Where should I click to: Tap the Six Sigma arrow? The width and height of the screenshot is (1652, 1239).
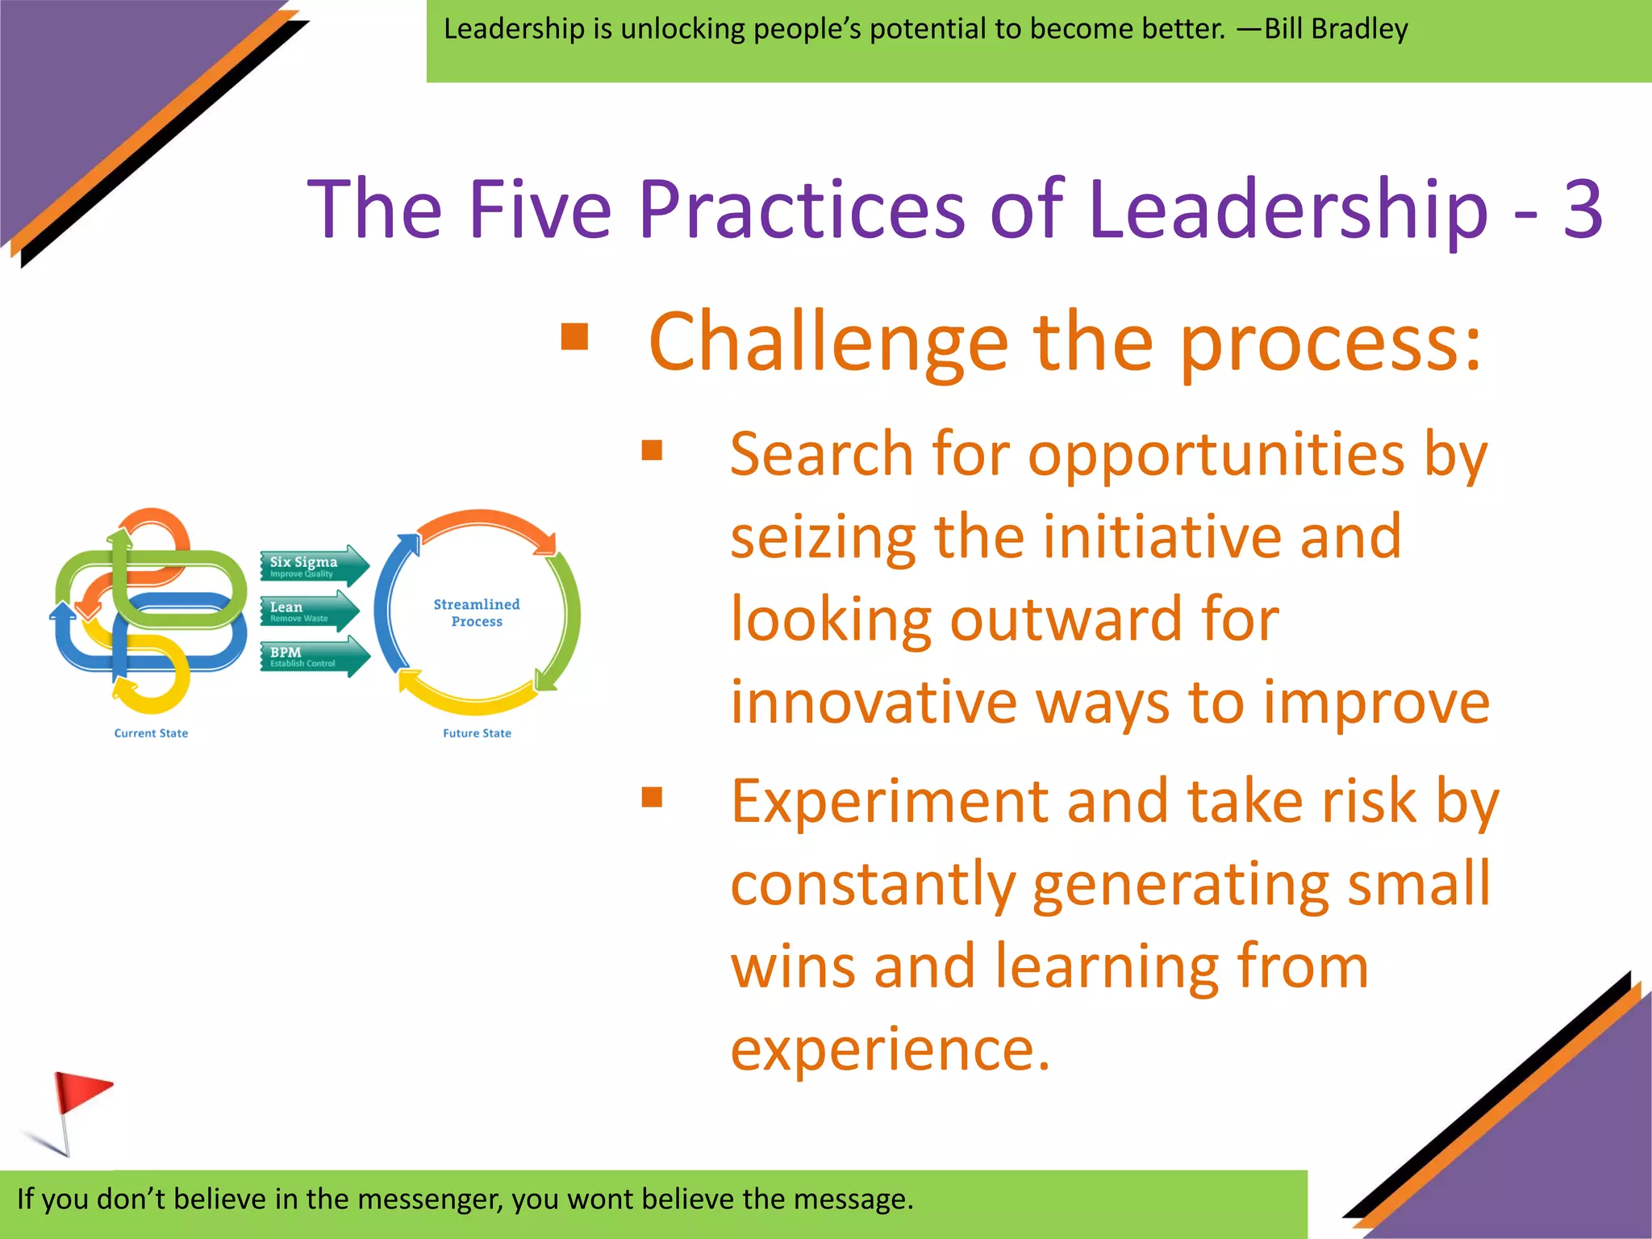click(313, 565)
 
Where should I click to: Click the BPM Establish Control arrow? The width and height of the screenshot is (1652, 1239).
click(313, 657)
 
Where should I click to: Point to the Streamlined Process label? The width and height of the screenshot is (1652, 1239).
click(477, 613)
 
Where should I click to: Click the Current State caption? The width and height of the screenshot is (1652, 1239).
click(151, 733)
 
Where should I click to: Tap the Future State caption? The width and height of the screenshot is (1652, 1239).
click(477, 733)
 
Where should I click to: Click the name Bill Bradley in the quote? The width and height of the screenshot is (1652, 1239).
click(1336, 29)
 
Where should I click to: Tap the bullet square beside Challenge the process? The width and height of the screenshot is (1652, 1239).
click(574, 337)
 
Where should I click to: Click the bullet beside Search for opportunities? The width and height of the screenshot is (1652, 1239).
click(652, 450)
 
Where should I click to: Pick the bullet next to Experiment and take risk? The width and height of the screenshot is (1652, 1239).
click(652, 797)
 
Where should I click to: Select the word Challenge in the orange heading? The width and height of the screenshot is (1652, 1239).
click(828, 343)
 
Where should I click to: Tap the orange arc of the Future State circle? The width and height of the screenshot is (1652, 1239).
click(484, 522)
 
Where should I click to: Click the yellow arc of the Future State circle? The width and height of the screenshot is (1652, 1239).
click(468, 699)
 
